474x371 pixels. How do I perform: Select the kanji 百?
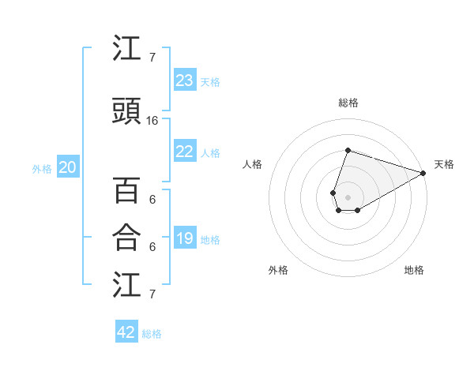(x=126, y=191)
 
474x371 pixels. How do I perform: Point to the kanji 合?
(x=126, y=237)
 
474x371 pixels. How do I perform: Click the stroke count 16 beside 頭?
(x=152, y=121)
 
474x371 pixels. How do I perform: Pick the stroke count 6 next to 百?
(x=152, y=200)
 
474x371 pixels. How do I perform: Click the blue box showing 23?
(x=185, y=81)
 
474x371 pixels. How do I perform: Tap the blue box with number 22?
(x=185, y=152)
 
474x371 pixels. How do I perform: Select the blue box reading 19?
(x=185, y=238)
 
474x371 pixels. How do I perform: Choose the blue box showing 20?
(x=68, y=167)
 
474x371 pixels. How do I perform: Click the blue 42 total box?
(x=126, y=332)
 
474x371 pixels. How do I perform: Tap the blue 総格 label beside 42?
(x=152, y=334)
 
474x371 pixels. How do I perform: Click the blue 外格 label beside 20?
(x=42, y=168)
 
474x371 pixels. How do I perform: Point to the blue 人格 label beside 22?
(x=210, y=152)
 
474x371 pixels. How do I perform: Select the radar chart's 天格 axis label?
(x=444, y=164)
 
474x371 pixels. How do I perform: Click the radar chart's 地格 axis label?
(x=414, y=270)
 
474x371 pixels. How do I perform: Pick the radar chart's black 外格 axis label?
(x=278, y=270)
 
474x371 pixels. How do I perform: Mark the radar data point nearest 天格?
(x=423, y=173)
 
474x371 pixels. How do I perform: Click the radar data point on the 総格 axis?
(x=348, y=151)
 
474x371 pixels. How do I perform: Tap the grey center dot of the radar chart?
(x=348, y=196)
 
